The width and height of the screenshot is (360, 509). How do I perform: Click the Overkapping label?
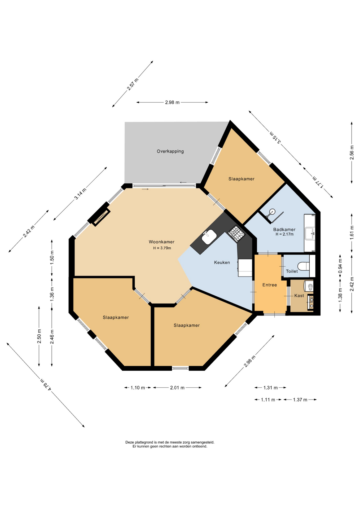point(170,151)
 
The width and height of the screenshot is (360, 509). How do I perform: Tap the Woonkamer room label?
point(161,242)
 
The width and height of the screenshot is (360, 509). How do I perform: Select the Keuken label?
point(222,262)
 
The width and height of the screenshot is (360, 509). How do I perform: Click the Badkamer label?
point(284,230)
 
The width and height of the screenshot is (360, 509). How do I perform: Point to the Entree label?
point(270,285)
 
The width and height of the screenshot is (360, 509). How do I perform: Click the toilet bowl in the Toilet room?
point(303,266)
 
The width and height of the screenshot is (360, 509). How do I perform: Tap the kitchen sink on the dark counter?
point(209,237)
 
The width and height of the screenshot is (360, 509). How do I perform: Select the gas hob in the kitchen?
point(236,233)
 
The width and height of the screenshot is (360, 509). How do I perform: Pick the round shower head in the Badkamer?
point(272,212)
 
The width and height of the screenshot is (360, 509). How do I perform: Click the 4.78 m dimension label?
point(45,384)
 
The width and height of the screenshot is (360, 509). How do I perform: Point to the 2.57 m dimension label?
point(133,84)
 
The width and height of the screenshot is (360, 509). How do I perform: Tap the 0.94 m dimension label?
point(340,266)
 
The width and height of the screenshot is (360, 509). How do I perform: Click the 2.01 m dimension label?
point(177,388)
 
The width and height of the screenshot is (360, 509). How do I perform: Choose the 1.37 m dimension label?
point(300,400)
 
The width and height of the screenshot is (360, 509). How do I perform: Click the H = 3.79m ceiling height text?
point(162,248)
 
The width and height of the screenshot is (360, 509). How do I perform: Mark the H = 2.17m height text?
point(284,234)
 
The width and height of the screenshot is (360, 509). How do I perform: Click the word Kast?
point(299,296)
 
